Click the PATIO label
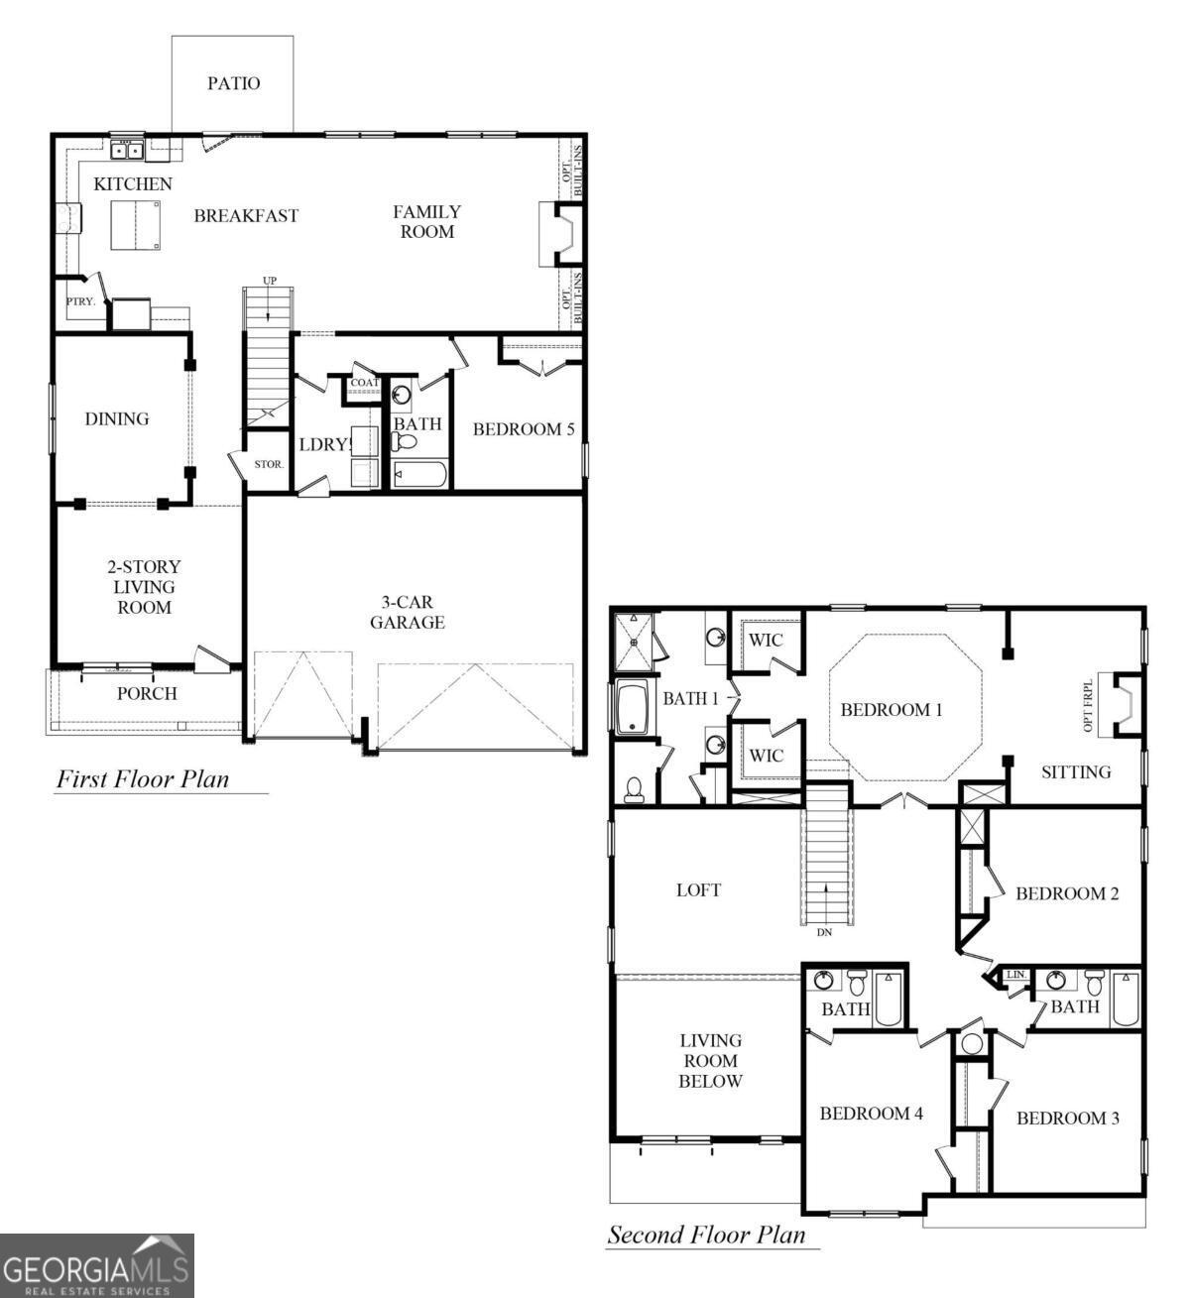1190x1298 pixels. coord(233,83)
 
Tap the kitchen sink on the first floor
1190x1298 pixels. coord(127,151)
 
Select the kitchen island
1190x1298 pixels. coord(136,225)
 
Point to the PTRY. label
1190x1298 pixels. coord(80,301)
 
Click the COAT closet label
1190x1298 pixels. coord(364,383)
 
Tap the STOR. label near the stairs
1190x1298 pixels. coord(269,464)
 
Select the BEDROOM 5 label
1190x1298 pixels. coord(523,429)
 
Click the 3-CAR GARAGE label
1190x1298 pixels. coord(407,613)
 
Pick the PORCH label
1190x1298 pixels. coord(147,693)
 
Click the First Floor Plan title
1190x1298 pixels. coord(142,779)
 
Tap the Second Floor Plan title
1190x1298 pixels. coord(706,1235)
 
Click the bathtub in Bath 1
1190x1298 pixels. coord(632,708)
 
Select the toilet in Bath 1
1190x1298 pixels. coord(634,788)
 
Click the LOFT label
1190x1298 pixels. coord(698,889)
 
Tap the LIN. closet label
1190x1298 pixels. coord(1016,976)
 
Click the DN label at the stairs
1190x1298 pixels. coord(824,933)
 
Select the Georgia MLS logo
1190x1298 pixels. coord(96,1266)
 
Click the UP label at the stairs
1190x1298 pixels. coord(269,281)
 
